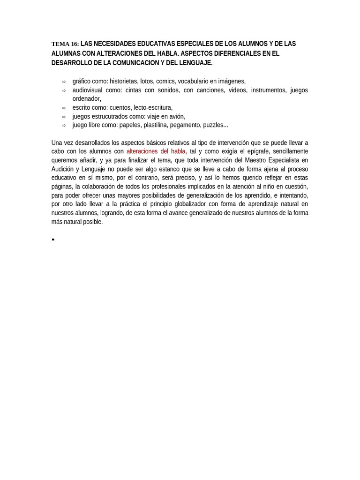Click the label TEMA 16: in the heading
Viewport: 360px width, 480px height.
65,44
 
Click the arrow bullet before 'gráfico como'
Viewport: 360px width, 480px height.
64,82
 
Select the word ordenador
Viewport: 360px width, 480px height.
86,99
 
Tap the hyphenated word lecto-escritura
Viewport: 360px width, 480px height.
153,107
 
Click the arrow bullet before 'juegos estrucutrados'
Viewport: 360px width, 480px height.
64,117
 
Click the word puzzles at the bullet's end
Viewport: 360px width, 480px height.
215,125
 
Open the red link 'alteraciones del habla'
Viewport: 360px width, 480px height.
156,151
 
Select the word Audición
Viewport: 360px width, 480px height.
63,169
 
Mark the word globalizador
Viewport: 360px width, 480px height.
189,204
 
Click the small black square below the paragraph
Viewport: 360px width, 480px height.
53,240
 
